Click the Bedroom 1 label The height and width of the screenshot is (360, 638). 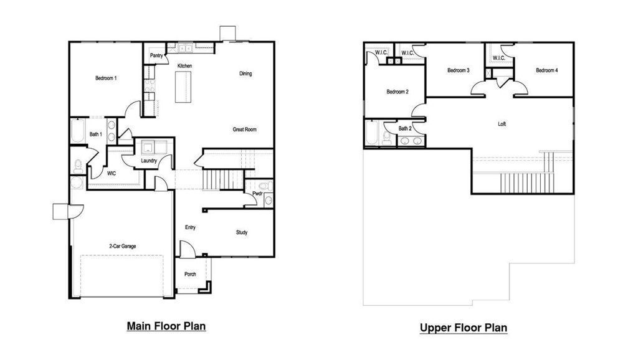click(106, 78)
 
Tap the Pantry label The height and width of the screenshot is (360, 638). click(156, 55)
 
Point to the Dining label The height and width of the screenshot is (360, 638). click(245, 73)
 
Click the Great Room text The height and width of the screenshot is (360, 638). click(244, 130)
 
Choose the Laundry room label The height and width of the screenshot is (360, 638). click(148, 161)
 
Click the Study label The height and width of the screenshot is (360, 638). click(242, 232)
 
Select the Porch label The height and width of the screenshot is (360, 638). click(190, 275)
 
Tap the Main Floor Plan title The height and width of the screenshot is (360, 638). click(166, 326)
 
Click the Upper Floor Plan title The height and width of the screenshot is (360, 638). click(464, 328)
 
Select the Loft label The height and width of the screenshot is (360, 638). click(502, 124)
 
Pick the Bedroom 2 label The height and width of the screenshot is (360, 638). click(398, 92)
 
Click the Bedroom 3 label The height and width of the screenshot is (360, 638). click(459, 70)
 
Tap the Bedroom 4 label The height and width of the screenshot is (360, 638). click(546, 70)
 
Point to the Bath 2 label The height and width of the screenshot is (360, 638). click(405, 129)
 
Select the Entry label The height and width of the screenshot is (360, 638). click(191, 227)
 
